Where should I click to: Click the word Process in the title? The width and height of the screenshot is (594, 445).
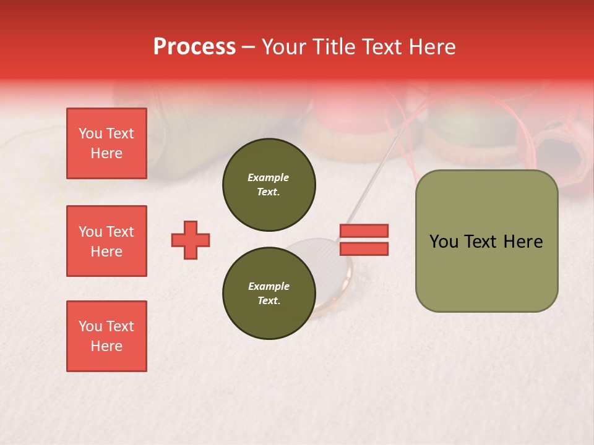click(194, 47)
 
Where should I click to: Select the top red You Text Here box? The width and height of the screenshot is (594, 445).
click(106, 143)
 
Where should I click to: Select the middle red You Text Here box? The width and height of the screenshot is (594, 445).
click(106, 241)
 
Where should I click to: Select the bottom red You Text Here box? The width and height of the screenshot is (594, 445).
click(106, 336)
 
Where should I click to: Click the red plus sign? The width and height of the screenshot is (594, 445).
click(191, 240)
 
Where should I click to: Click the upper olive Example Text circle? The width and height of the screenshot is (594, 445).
click(269, 185)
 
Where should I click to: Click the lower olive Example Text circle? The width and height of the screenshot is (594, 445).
click(269, 294)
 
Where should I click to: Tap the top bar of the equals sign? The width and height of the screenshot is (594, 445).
click(364, 231)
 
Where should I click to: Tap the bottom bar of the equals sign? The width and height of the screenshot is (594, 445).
click(364, 249)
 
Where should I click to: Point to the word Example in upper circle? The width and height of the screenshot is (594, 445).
click(269, 177)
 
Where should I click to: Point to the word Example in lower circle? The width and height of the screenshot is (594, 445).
click(269, 286)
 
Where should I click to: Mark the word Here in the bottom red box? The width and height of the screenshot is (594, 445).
click(106, 346)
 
